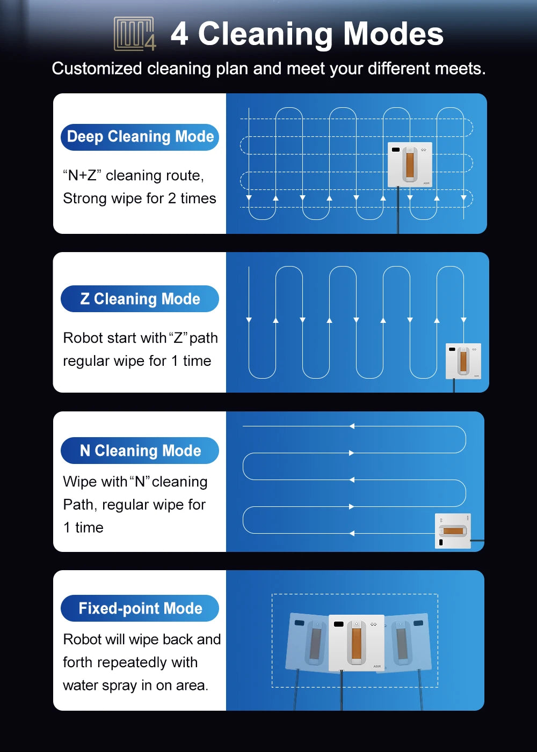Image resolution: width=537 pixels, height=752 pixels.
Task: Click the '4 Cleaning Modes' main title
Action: tap(307, 34)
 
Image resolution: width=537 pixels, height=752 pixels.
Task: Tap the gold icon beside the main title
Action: tap(135, 34)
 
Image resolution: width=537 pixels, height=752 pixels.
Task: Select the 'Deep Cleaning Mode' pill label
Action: tap(140, 137)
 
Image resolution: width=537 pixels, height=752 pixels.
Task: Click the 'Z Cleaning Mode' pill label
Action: tap(140, 299)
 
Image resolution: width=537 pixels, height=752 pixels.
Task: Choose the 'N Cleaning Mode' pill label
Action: tap(140, 451)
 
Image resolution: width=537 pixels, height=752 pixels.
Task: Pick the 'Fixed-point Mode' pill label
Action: tap(140, 608)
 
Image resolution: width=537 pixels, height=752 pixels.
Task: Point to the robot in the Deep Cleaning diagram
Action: tap(410, 165)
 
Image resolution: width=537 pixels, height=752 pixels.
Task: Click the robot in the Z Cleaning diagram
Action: tap(463, 361)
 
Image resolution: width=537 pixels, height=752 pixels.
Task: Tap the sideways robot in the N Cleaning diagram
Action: tap(453, 531)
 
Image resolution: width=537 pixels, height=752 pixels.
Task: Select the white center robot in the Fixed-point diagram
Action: tap(356, 643)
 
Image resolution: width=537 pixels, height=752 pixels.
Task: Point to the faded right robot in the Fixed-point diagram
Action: tap(408, 642)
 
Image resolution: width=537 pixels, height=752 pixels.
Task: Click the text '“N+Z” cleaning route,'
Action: tap(133, 175)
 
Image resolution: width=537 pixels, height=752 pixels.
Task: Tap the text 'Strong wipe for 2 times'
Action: tap(140, 198)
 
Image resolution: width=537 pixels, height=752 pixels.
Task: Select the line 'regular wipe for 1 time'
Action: tap(137, 361)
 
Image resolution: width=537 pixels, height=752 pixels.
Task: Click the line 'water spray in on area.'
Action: tap(135, 685)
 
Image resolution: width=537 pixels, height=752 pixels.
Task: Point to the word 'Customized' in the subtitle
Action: tap(97, 69)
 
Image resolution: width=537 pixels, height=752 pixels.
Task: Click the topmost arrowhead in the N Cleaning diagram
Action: tap(352, 426)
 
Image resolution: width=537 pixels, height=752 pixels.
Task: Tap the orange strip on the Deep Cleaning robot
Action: tap(410, 165)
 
